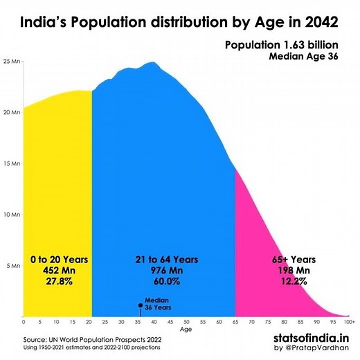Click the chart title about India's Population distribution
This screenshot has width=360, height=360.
(x=180, y=21)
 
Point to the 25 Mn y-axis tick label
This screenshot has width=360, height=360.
(x=12, y=62)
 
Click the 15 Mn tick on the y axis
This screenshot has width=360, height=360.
(x=12, y=164)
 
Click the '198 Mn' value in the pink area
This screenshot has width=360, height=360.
(x=293, y=271)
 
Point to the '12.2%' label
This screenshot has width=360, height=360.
(x=293, y=282)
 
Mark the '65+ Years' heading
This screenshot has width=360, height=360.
(x=293, y=260)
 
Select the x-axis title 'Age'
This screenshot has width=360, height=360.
(x=186, y=330)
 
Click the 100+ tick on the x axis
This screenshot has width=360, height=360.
(x=350, y=323)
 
